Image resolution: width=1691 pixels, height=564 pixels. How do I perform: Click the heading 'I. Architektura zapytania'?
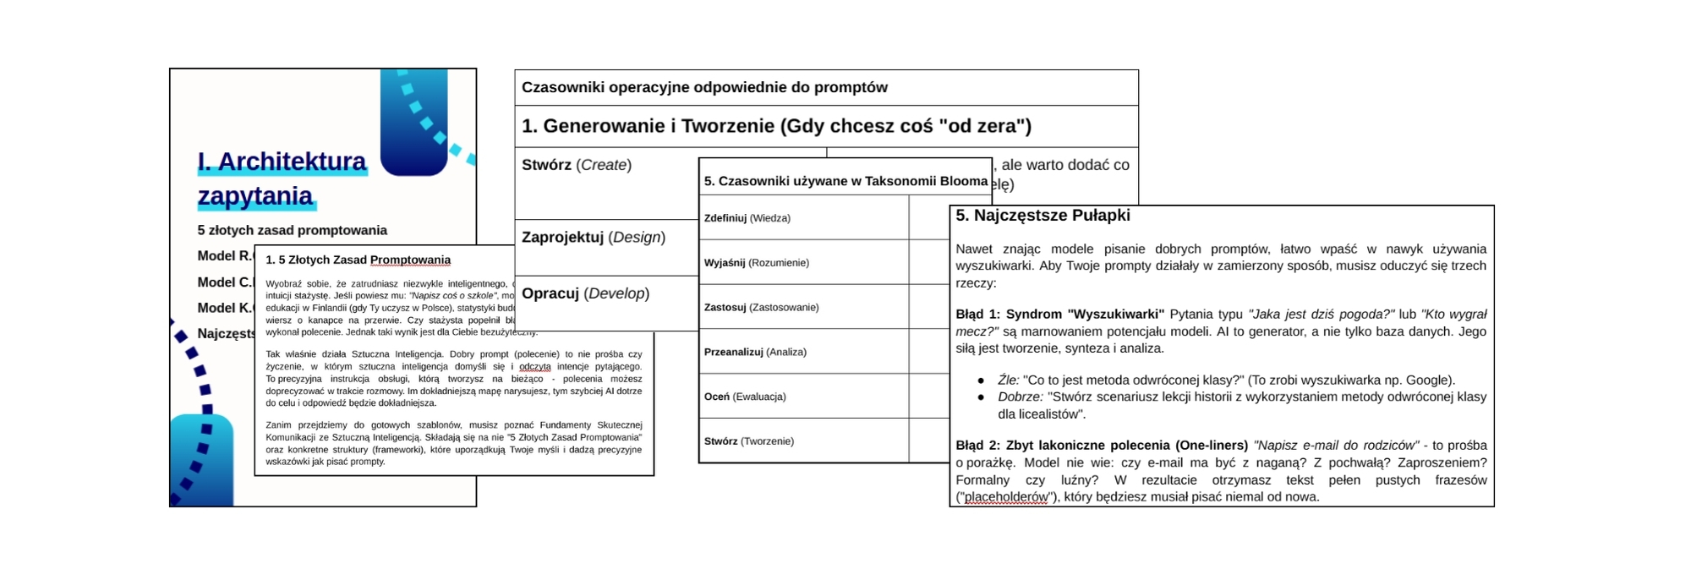(282, 178)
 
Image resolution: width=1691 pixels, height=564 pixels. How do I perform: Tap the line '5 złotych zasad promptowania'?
(292, 230)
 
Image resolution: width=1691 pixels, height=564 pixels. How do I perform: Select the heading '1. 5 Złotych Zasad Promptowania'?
(358, 260)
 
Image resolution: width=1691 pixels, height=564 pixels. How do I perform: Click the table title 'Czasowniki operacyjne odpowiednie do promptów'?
(704, 88)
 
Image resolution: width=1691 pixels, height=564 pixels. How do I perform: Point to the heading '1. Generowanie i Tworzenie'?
(776, 127)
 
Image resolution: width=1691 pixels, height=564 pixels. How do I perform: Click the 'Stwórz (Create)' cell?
(576, 165)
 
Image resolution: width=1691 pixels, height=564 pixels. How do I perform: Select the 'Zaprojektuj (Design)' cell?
(593, 238)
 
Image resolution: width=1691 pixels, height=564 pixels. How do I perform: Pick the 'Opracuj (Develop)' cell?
(585, 293)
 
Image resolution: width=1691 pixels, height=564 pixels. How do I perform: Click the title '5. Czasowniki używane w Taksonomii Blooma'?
(845, 181)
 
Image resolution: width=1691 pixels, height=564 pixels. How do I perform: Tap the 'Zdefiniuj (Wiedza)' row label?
(747, 218)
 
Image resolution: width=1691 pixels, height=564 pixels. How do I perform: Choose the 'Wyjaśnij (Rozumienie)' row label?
(756, 263)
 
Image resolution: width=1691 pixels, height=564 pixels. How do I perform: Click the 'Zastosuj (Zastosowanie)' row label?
(761, 308)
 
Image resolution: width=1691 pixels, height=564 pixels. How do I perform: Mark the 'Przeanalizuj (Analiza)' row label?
(755, 352)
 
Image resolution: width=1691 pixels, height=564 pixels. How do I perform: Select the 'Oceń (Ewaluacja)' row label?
(744, 397)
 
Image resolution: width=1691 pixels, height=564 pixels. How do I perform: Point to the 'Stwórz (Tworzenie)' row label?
(748, 441)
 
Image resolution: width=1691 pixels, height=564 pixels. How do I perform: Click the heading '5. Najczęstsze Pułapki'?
(1042, 216)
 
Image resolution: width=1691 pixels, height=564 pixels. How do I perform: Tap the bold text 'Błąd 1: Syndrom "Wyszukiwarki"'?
(1059, 315)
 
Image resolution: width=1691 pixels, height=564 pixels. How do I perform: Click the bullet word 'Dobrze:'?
(1020, 397)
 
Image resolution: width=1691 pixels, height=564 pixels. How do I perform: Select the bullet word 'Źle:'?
(1008, 381)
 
